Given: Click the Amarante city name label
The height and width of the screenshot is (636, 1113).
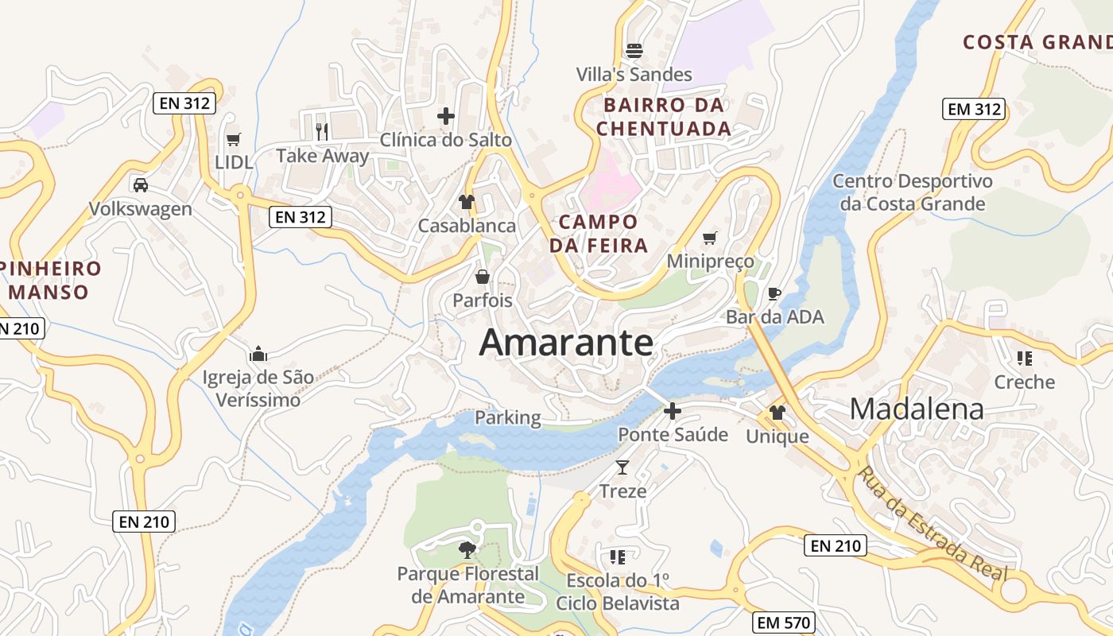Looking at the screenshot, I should click(x=566, y=343).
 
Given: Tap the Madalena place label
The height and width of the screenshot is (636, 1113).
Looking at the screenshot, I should click(x=917, y=409).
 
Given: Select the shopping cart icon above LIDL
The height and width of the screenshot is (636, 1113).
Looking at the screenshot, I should click(x=233, y=140).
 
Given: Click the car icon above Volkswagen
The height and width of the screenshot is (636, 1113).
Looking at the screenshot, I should click(x=141, y=185).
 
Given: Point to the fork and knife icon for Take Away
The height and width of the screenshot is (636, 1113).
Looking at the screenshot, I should click(x=322, y=131).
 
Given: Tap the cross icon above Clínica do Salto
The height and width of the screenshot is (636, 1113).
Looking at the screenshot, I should click(x=446, y=116).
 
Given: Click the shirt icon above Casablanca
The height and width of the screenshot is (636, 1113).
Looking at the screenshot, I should click(x=467, y=202).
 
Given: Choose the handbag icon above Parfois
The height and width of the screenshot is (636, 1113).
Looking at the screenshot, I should click(x=482, y=277).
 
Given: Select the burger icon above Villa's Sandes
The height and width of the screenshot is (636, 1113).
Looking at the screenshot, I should click(x=634, y=51).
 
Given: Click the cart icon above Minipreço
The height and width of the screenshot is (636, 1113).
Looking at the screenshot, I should click(x=710, y=238).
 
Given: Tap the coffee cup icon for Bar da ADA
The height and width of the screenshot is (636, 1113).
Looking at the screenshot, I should click(x=774, y=293).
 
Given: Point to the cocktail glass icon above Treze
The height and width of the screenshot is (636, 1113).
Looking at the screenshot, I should click(x=622, y=467).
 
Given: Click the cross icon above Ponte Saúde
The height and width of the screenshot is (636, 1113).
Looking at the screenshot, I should click(x=673, y=411).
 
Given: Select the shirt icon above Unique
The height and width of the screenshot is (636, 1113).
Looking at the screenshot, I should click(x=778, y=413).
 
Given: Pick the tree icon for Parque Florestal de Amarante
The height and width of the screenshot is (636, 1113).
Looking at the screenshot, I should click(x=467, y=549).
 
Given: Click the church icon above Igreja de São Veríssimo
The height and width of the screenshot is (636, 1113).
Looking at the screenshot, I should click(x=258, y=354).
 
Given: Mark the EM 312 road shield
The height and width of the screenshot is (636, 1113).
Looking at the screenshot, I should click(x=975, y=109).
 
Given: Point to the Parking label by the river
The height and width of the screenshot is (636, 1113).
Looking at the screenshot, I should click(x=507, y=417).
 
